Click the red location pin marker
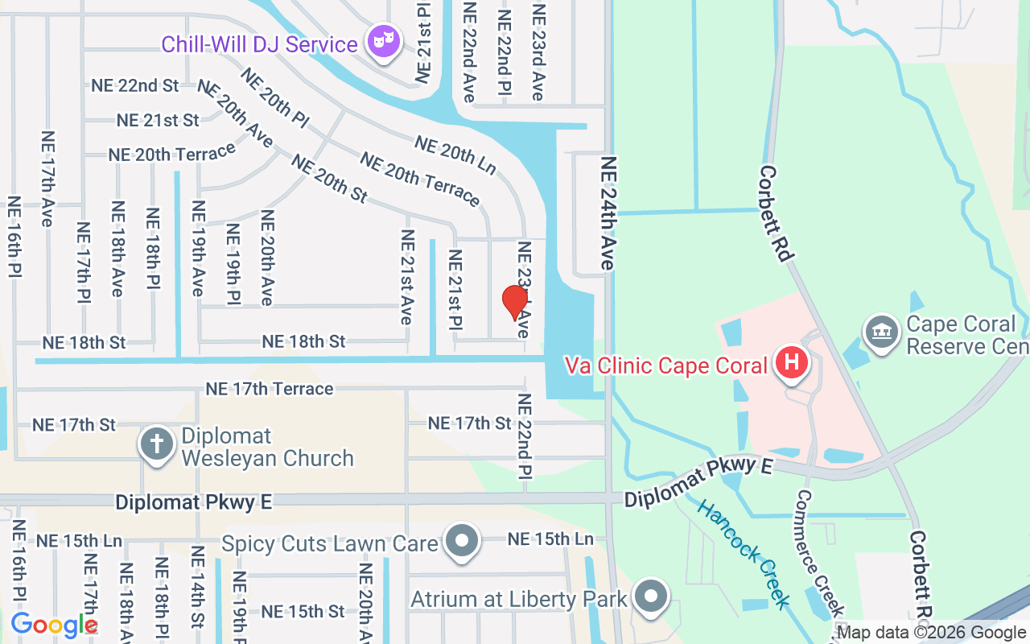(515, 303)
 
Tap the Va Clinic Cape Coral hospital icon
(792, 363)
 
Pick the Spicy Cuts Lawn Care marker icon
(463, 542)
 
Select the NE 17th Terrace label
(269, 389)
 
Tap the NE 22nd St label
(135, 85)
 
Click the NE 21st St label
(158, 120)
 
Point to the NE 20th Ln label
(455, 154)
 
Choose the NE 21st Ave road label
(407, 277)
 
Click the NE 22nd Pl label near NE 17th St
(525, 436)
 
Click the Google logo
(54, 624)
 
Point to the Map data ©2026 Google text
(932, 633)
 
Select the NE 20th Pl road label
(274, 99)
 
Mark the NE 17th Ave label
(47, 179)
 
